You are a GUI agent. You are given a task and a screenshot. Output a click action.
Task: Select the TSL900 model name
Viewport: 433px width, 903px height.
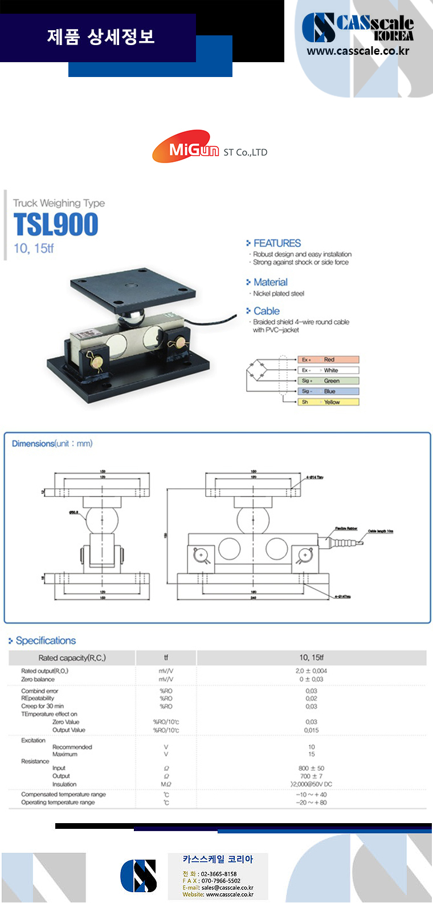pos(56,224)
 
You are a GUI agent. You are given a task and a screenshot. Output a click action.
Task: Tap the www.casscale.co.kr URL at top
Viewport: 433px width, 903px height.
pos(358,51)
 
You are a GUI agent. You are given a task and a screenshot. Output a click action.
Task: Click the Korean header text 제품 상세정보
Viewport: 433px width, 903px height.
pos(101,37)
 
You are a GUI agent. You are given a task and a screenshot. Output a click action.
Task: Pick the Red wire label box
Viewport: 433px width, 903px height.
pos(328,359)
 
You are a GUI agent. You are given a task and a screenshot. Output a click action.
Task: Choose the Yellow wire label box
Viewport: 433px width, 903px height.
pos(328,402)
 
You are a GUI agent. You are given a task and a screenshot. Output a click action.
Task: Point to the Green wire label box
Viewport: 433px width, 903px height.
pos(328,380)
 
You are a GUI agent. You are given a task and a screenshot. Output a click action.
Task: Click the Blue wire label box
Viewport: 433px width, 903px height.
pos(328,391)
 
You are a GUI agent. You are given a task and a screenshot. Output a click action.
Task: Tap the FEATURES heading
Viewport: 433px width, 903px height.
pos(277,243)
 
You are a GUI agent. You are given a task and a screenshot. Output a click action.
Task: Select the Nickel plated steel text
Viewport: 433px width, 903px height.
pos(279,294)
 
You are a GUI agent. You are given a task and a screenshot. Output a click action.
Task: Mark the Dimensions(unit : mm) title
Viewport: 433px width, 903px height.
pos(52,444)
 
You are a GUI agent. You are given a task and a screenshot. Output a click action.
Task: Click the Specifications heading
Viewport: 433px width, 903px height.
pos(46,641)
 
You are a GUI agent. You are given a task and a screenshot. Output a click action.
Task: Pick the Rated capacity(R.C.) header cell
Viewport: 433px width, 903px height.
pos(72,658)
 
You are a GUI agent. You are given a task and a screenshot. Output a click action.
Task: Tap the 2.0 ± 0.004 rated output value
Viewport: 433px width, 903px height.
pos(311,671)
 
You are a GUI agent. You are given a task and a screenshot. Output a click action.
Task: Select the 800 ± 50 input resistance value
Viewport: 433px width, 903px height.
pos(311,768)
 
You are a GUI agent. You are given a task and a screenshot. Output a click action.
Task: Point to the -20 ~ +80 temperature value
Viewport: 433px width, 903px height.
pos(311,803)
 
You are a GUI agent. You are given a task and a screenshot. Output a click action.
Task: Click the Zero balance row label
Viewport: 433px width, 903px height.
pos(38,679)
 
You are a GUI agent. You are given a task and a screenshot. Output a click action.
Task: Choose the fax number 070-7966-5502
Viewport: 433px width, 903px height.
pos(220,881)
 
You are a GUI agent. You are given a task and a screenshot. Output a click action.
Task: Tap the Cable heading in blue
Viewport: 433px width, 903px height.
pos(266,311)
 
